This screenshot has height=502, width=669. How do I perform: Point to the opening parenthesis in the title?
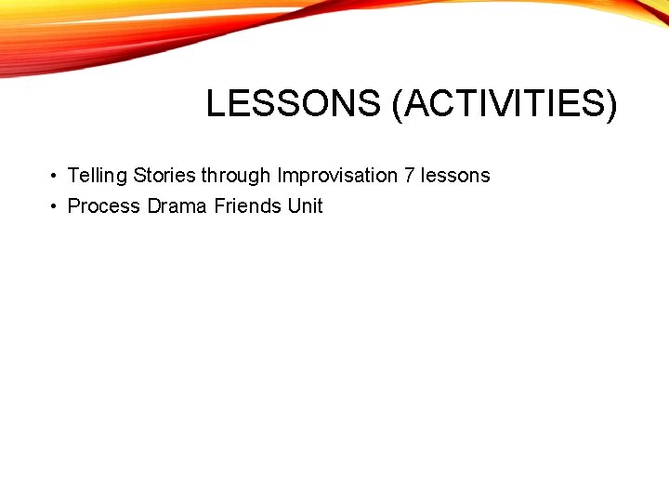click(x=398, y=104)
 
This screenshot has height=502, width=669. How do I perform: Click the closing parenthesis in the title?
click(x=610, y=104)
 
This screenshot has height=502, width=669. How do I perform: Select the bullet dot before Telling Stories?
click(x=56, y=176)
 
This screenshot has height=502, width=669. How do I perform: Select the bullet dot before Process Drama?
click(x=56, y=206)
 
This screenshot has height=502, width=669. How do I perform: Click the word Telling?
click(x=98, y=176)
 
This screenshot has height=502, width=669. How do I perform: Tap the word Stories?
click(x=164, y=176)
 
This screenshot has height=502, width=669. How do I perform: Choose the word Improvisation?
click(x=337, y=176)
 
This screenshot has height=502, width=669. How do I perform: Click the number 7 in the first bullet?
click(x=410, y=176)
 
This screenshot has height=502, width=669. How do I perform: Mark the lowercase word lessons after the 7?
click(x=455, y=176)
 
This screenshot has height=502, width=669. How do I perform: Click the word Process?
click(x=104, y=206)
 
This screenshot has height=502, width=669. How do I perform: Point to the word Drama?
click(x=177, y=206)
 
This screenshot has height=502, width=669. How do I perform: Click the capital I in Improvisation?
click(x=280, y=176)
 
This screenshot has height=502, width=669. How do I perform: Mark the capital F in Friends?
click(x=219, y=206)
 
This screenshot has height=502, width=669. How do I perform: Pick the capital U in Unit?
click(x=295, y=206)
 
